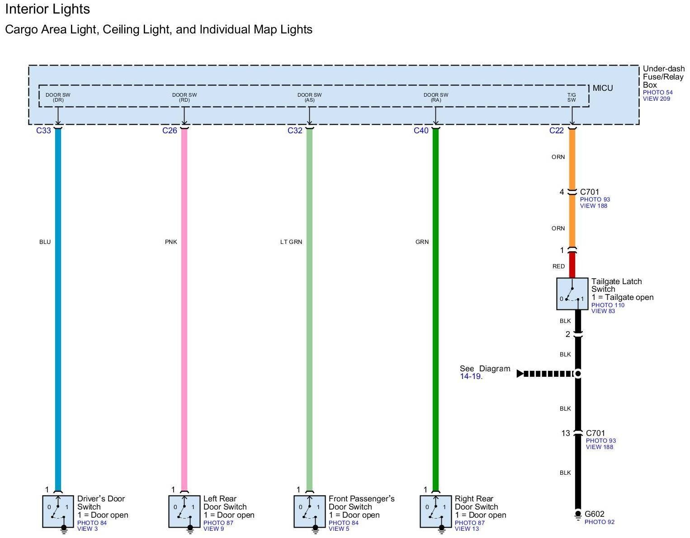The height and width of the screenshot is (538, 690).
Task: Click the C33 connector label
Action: (x=43, y=131)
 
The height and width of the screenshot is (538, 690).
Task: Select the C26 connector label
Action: (x=170, y=131)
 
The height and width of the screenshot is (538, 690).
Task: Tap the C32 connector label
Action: (x=295, y=131)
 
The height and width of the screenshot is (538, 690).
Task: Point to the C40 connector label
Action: (x=421, y=131)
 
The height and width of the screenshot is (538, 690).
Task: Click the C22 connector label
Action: (x=557, y=131)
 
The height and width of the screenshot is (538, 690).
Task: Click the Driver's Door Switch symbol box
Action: (x=58, y=511)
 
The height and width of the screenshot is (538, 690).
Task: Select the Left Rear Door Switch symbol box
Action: (x=184, y=511)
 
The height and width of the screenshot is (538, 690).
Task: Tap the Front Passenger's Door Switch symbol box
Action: (x=309, y=511)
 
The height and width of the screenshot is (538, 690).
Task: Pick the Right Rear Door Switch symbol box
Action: (x=435, y=511)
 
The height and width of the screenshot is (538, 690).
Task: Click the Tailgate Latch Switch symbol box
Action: (x=572, y=294)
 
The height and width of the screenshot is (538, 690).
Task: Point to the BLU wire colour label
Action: (x=45, y=242)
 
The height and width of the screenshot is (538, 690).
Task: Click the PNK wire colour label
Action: (x=171, y=242)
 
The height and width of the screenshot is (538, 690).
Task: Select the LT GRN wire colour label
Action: (x=291, y=242)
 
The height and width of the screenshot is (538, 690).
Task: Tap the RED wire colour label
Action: (x=558, y=267)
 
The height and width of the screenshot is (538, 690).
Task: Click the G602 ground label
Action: (x=594, y=514)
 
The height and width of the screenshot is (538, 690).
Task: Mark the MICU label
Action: (x=603, y=88)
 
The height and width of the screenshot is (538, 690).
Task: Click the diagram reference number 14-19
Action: (x=470, y=376)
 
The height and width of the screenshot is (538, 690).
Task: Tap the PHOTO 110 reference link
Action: (x=608, y=305)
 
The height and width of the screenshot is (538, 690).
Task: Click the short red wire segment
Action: (x=572, y=265)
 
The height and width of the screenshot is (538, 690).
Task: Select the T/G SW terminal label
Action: (x=572, y=97)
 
